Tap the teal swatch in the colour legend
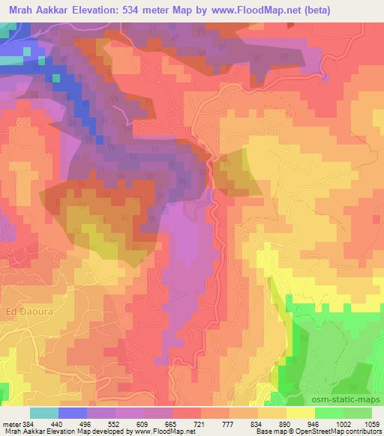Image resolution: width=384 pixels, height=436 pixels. [44, 413]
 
